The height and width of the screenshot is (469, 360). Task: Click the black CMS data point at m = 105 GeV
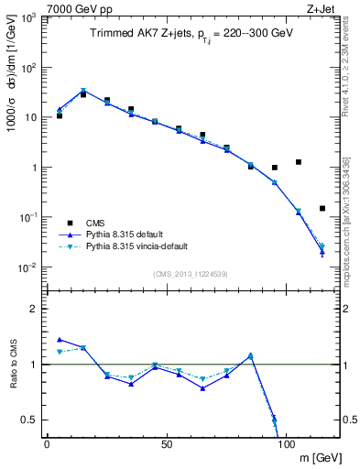299,162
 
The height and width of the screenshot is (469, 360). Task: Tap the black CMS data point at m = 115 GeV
322,208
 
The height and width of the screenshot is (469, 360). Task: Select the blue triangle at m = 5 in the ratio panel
60,339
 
